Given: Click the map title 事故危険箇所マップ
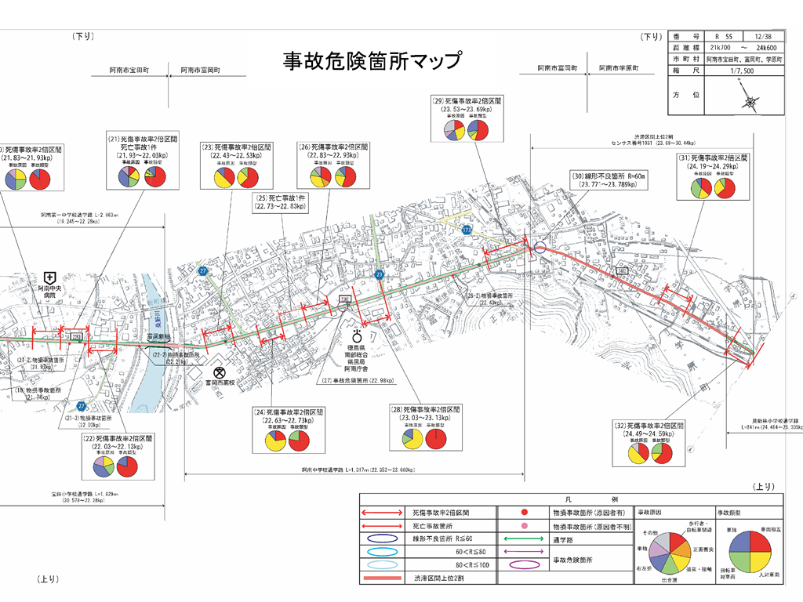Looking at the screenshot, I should pos(372,61).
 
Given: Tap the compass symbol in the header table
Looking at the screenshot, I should pos(751,102).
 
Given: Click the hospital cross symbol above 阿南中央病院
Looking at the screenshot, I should pos(49,277).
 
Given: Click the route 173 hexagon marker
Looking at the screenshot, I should pos(467,230).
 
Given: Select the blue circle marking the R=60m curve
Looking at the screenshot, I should pos(539,248).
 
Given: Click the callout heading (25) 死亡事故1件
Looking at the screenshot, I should pos(280,198).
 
